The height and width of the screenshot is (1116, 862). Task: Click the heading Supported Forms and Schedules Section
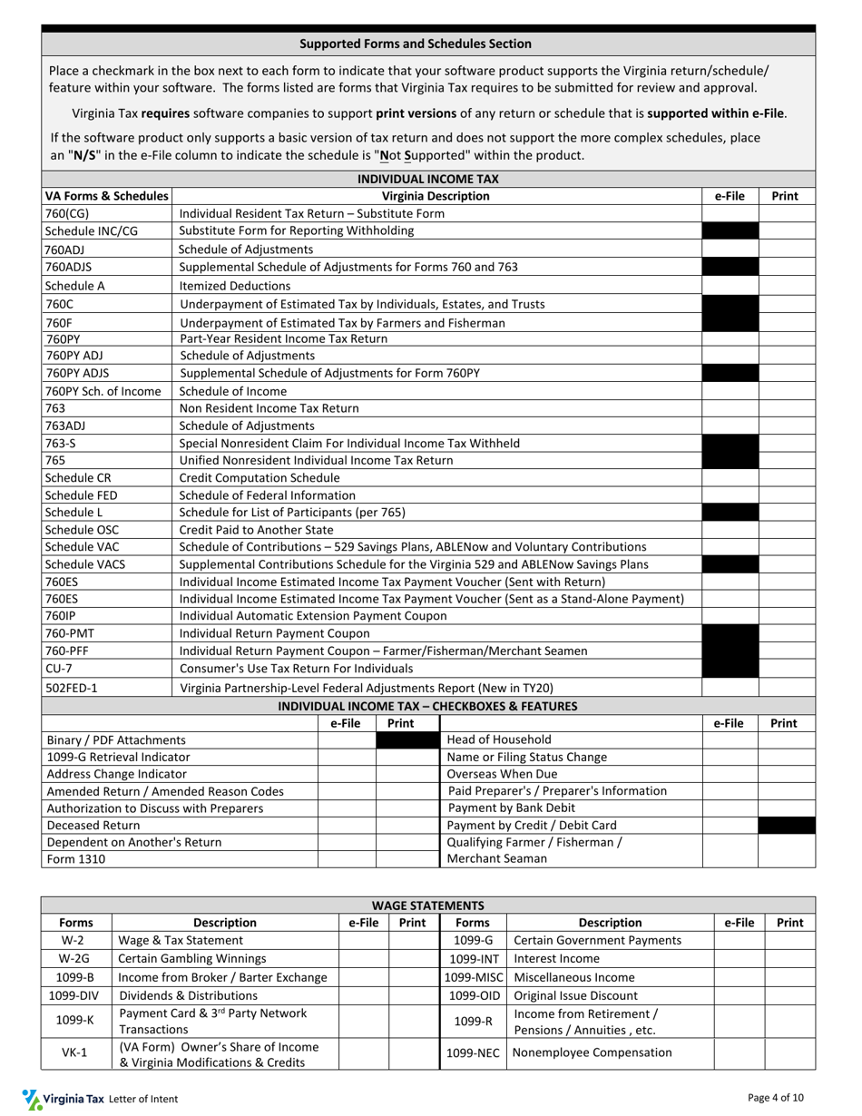pos(416,44)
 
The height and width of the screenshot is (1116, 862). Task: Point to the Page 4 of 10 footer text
pos(776,1098)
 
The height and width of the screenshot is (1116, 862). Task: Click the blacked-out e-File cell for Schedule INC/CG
pos(730,230)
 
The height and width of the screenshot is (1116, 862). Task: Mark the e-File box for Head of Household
pos(730,739)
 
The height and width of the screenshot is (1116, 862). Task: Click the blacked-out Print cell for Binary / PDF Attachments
pos(407,739)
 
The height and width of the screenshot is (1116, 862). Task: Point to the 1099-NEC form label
pos(472,1052)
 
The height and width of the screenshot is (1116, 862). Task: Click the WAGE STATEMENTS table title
pos(428,906)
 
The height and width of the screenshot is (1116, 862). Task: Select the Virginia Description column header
pos(436,196)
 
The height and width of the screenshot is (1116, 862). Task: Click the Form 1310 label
pos(75,858)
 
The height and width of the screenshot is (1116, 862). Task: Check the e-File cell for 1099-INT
pos(739,958)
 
